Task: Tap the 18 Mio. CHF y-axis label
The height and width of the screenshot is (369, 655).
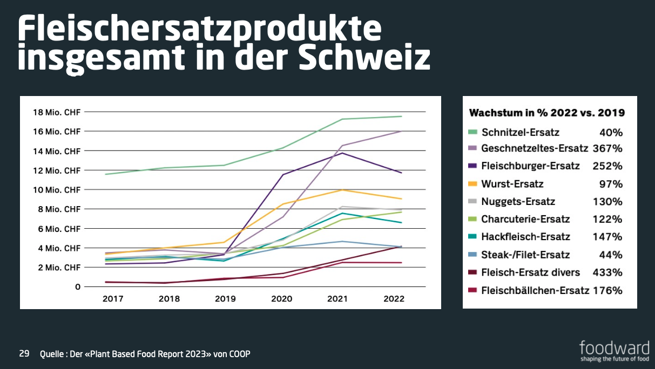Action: tap(56, 112)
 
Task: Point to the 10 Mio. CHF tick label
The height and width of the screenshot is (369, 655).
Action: tap(56, 190)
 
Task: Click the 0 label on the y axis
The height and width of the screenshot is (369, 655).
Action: tap(78, 287)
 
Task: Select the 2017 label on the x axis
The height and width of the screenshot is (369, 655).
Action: tap(113, 299)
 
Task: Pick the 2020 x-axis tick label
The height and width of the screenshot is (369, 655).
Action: tap(281, 299)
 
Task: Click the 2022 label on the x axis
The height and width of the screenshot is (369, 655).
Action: tap(393, 299)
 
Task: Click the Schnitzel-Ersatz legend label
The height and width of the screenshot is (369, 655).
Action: tap(521, 132)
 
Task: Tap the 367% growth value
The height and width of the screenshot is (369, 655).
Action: tap(607, 148)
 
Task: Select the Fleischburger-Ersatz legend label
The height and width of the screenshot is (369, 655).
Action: tap(531, 166)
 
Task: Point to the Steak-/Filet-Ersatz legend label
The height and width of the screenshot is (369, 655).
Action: tap(526, 255)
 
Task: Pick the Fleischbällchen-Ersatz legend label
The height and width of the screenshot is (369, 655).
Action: tap(535, 290)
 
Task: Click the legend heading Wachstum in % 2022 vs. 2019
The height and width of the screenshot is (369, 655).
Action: tap(547, 113)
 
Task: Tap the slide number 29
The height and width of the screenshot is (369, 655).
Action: tap(24, 354)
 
